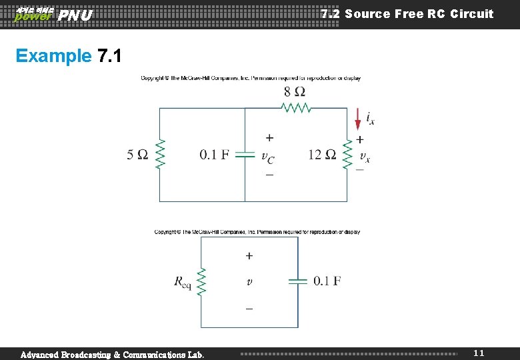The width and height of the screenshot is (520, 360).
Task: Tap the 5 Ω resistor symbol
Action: [160, 155]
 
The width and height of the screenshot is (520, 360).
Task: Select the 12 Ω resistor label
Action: [322, 155]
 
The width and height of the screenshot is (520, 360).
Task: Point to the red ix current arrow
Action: [358, 119]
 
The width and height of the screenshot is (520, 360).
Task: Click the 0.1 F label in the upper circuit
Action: [214, 155]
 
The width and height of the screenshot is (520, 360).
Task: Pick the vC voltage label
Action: [267, 157]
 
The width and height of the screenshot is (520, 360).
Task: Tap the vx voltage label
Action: [364, 157]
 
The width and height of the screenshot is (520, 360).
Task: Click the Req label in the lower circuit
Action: [182, 282]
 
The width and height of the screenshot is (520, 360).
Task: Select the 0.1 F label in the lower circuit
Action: [327, 281]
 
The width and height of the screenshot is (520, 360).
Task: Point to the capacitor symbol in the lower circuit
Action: [297, 281]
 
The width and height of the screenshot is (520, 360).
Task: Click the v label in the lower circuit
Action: [249, 282]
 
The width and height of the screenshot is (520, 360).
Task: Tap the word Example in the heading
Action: [53, 56]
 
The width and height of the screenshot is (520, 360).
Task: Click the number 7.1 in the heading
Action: [109, 56]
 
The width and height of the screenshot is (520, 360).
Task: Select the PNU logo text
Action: [75, 15]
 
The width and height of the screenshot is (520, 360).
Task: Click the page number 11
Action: [479, 353]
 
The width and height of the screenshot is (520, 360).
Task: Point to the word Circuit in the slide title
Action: [471, 14]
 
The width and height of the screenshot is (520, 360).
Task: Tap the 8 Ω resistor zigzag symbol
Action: [295, 107]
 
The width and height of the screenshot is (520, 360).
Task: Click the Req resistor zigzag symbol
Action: [202, 281]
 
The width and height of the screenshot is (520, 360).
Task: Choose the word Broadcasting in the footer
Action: [93, 354]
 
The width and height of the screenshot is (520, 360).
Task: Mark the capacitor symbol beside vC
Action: [245, 155]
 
